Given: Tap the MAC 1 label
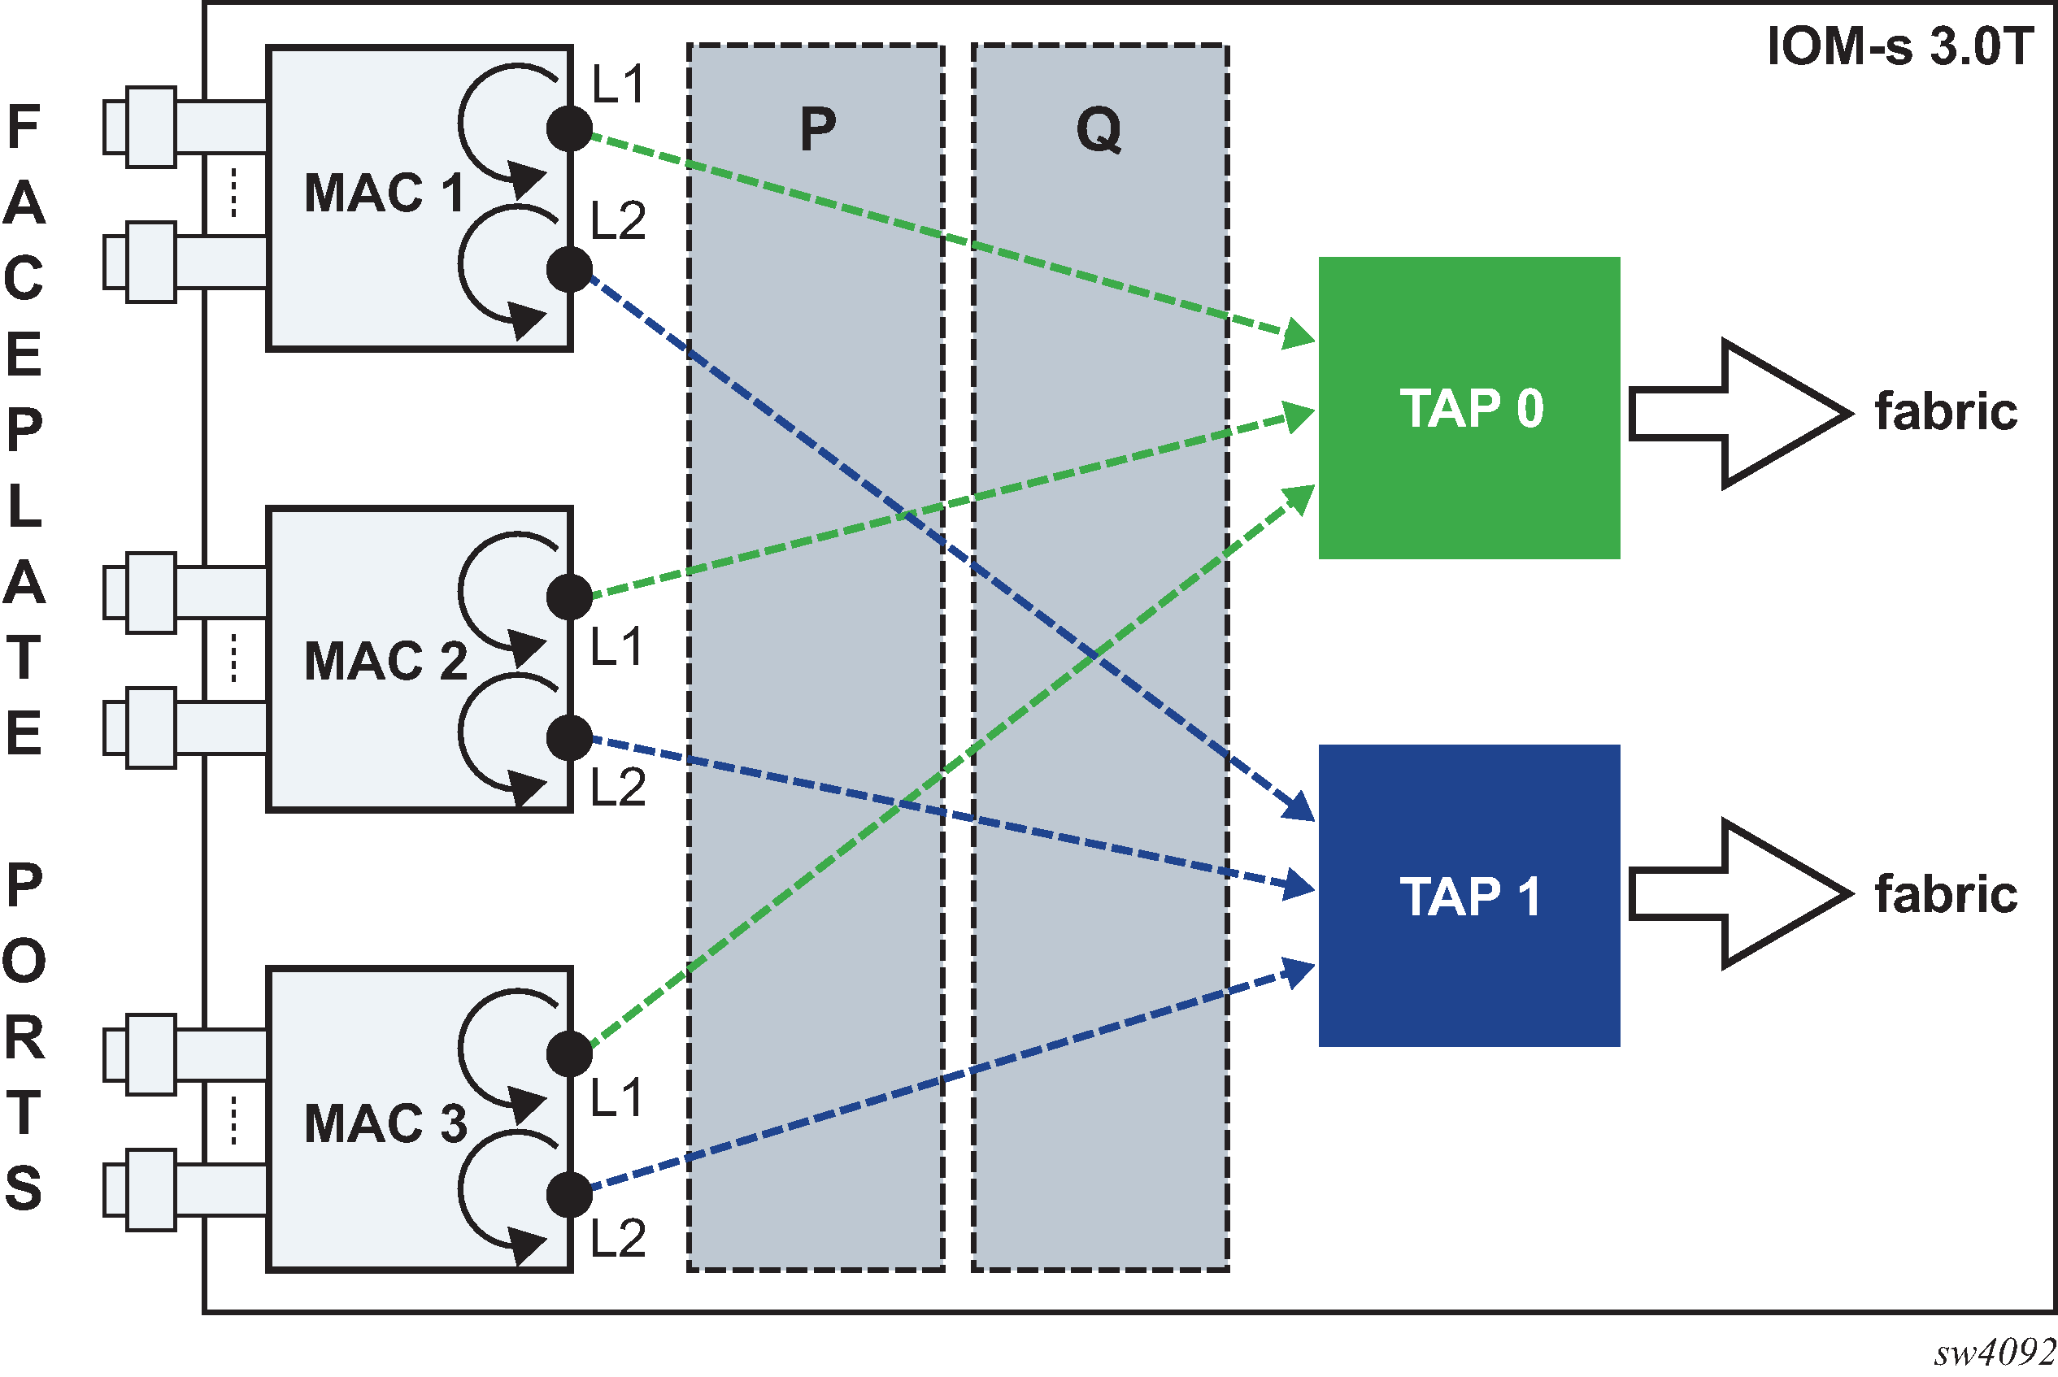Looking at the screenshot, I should click(384, 193).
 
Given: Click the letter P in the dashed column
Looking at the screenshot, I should click(817, 130).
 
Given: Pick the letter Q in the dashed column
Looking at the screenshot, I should click(1099, 130).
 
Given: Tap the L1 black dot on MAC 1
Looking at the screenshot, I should click(569, 129).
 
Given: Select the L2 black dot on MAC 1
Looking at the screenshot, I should click(569, 269).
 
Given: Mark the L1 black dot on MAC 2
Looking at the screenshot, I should click(569, 597).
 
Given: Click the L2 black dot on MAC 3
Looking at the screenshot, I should click(569, 1195).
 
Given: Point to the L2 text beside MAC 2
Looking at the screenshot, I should click(617, 787).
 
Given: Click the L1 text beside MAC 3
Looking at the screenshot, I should click(616, 1097).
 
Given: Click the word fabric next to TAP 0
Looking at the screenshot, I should click(1946, 412).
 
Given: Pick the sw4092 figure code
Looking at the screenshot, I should click(1994, 1353).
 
